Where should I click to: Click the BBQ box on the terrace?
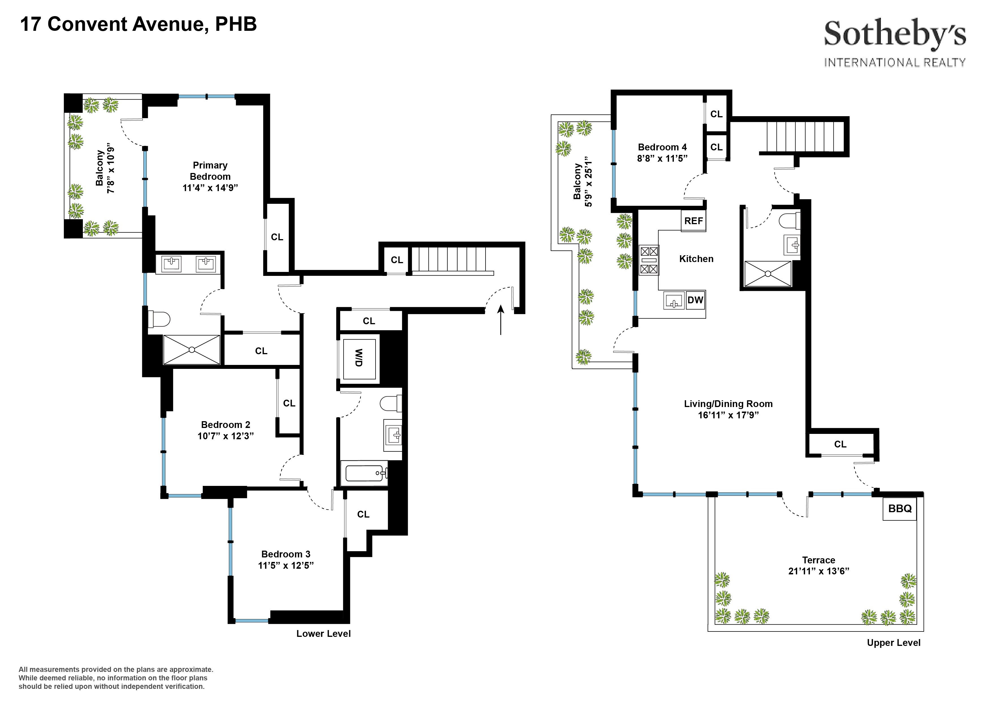pyautogui.click(x=900, y=509)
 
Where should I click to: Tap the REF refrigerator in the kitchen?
pyautogui.click(x=693, y=221)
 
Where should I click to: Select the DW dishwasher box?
pyautogui.click(x=695, y=300)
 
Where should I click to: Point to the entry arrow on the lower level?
pyautogui.click(x=501, y=320)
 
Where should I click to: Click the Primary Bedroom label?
pyautogui.click(x=210, y=171)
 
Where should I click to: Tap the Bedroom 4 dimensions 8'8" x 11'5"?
pyautogui.click(x=662, y=159)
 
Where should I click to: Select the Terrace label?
pyautogui.click(x=818, y=560)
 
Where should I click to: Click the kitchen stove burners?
pyautogui.click(x=649, y=260)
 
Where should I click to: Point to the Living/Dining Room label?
pyautogui.click(x=728, y=404)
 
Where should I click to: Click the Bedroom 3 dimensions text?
pyautogui.click(x=286, y=566)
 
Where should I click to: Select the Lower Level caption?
pyautogui.click(x=323, y=634)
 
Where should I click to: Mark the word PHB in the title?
pyautogui.click(x=236, y=24)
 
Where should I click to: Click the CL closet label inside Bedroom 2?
pyautogui.click(x=289, y=403)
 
